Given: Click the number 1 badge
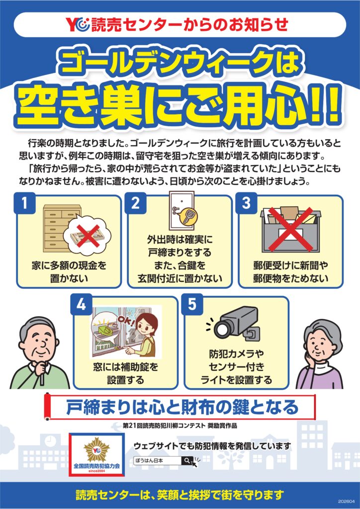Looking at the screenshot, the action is click(24, 203).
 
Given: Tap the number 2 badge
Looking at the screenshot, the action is click(135, 203).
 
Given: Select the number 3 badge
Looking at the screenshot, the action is click(247, 203).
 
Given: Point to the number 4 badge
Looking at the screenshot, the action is click(82, 305).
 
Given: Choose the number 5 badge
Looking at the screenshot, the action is click(192, 305).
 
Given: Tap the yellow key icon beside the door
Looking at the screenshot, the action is click(188, 217).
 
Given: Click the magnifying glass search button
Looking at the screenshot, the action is click(187, 460).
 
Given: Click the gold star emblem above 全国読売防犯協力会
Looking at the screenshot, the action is click(96, 449).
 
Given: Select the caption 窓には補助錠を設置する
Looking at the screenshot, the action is click(126, 373).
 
